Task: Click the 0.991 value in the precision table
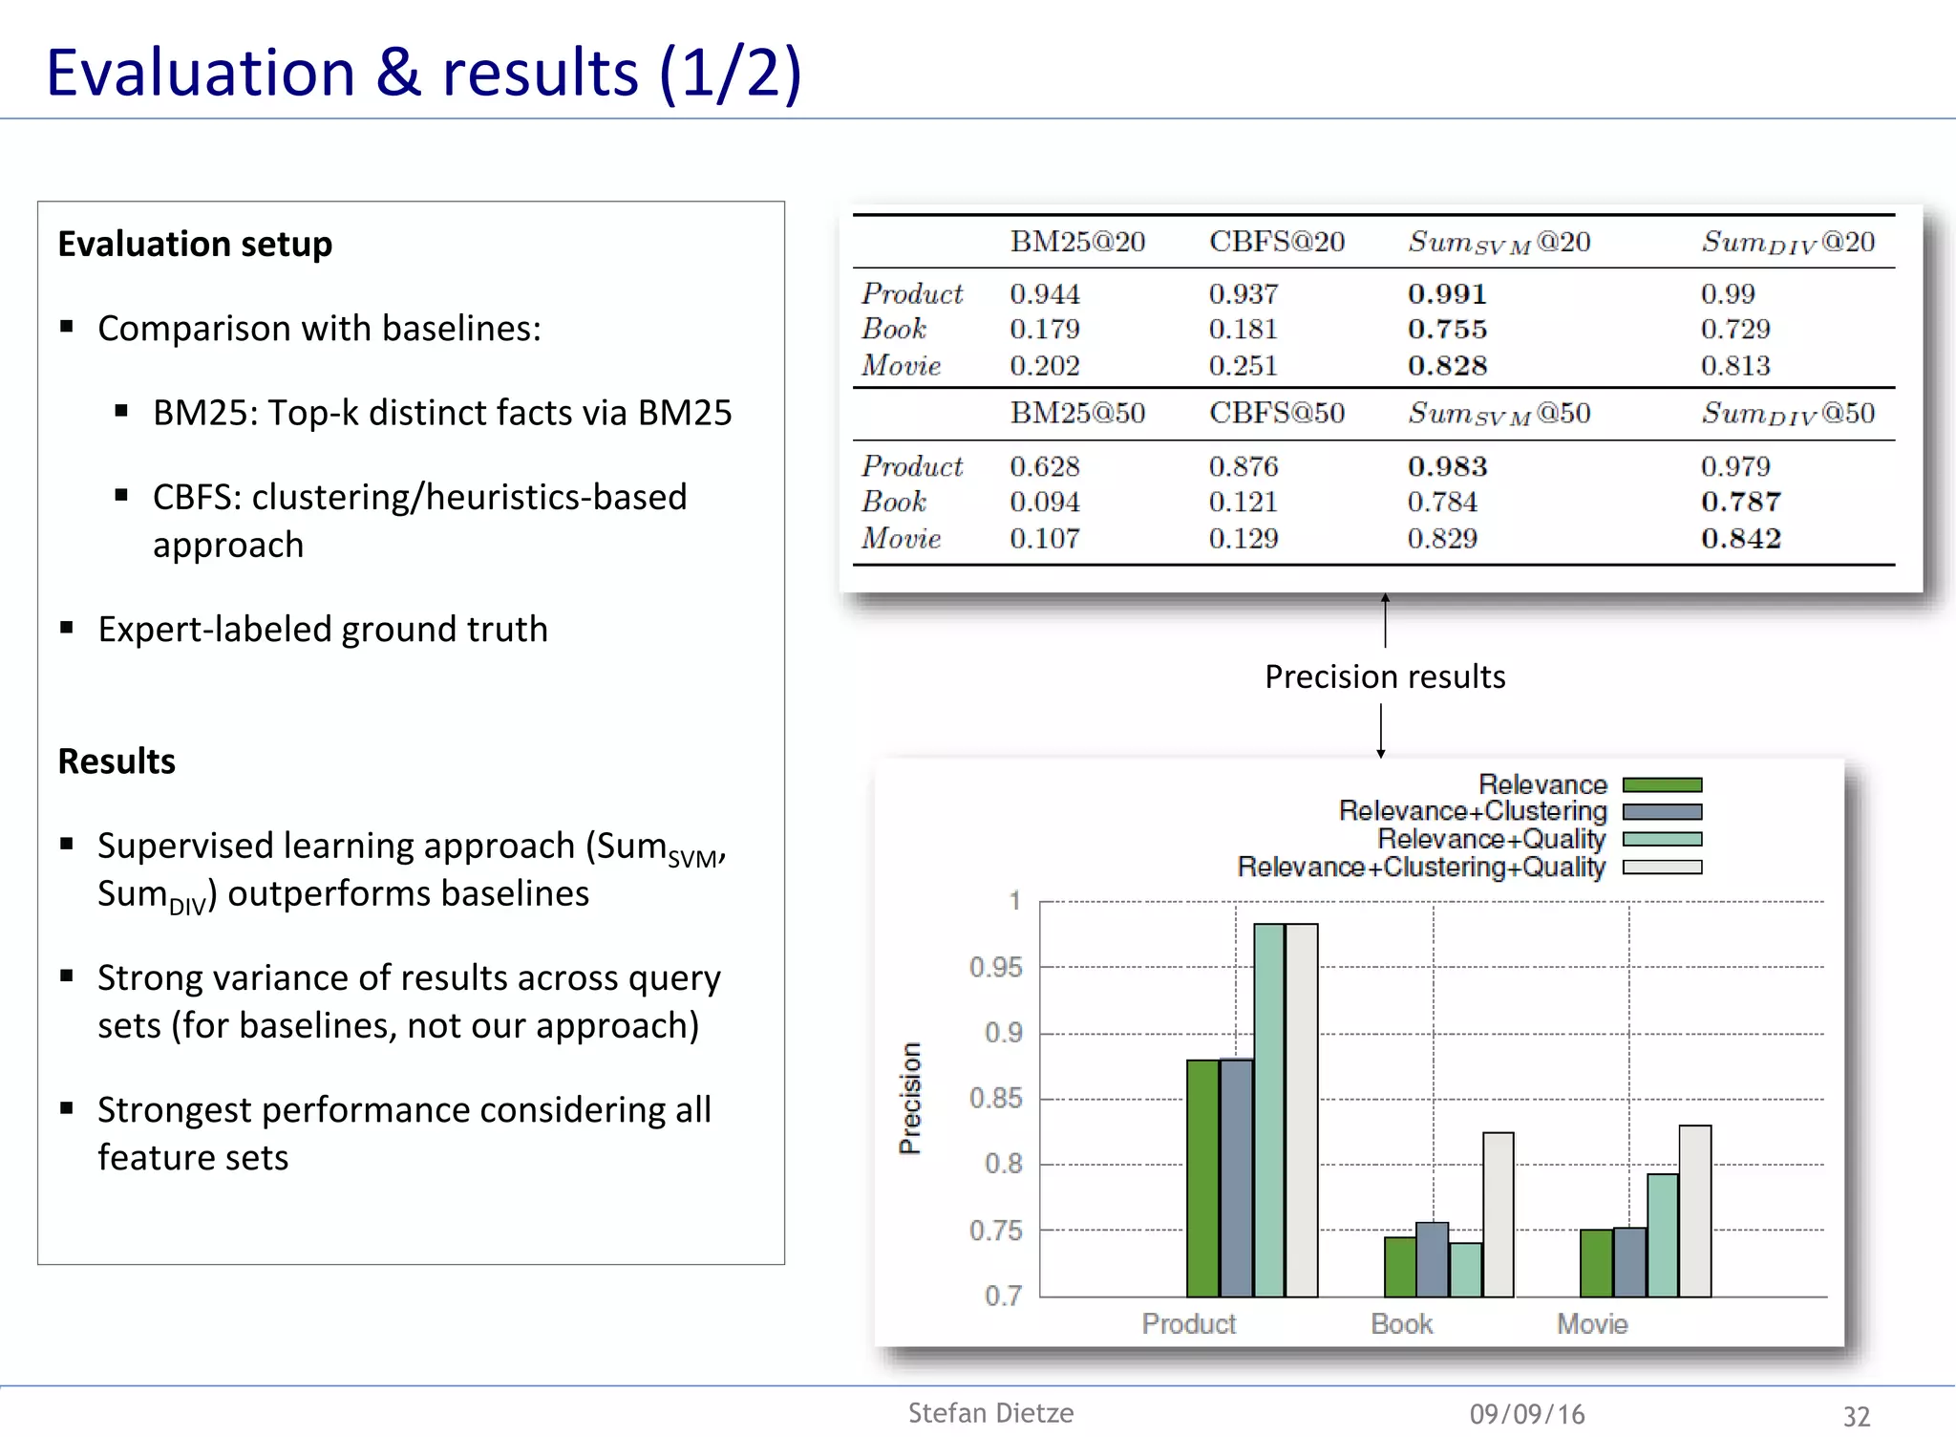coord(1447,293)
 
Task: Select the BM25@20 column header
coord(1077,242)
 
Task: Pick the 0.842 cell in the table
coord(1740,538)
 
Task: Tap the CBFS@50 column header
coord(1276,413)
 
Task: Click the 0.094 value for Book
coord(1044,502)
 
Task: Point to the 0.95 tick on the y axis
coord(995,967)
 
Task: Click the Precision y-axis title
coord(911,1098)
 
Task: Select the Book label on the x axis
coord(1401,1323)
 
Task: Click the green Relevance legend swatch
coord(1662,785)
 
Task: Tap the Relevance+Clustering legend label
coord(1473,811)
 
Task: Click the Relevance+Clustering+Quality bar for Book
coord(1498,1214)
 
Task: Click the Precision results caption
coord(1385,676)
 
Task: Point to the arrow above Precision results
coord(1385,620)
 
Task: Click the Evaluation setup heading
coord(195,244)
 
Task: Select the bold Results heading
coord(117,761)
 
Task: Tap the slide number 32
coord(1856,1416)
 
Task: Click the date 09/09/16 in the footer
coord(1526,1414)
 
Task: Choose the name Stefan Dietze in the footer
coord(990,1413)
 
